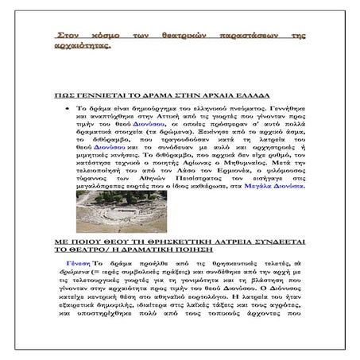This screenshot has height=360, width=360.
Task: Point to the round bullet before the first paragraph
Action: coord(78,106)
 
